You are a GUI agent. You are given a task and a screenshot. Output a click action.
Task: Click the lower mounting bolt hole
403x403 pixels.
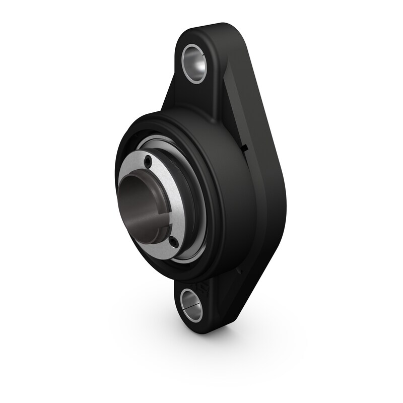coord(192,304)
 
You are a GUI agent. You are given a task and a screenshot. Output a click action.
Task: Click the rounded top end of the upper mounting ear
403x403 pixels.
coord(212,28)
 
